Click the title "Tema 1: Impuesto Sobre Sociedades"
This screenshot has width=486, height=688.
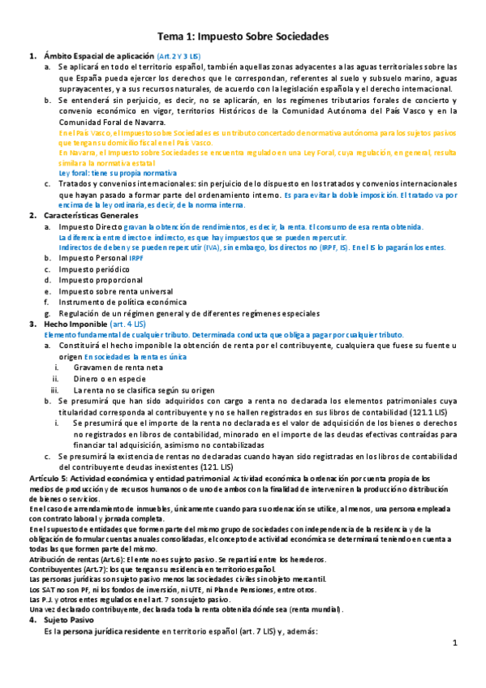pos(243,37)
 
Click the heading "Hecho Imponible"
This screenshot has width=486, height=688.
pos(73,323)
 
